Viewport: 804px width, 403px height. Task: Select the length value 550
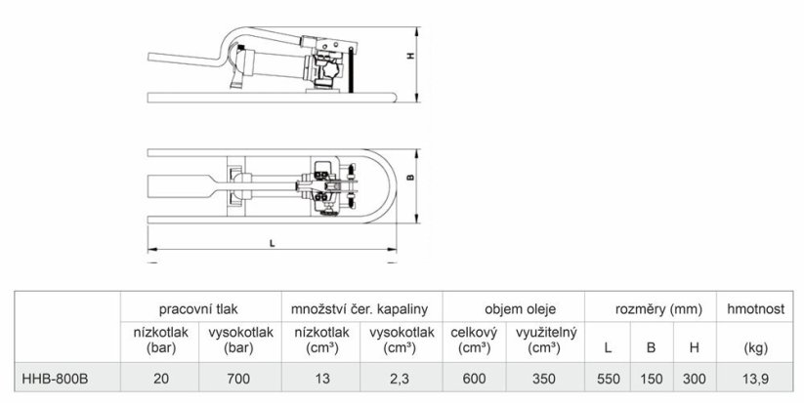tap(608, 376)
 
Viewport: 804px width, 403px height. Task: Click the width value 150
tap(651, 376)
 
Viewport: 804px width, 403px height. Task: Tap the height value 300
tap(694, 376)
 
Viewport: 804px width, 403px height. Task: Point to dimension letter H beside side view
tap(410, 57)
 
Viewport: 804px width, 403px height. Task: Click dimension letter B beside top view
tap(410, 179)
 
